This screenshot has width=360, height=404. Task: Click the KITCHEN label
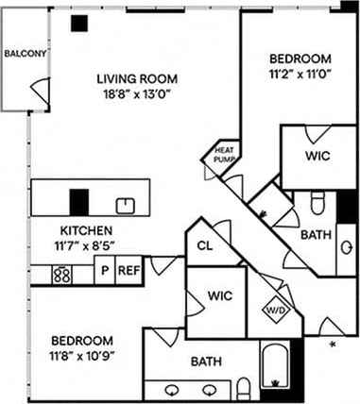pyautogui.click(x=87, y=230)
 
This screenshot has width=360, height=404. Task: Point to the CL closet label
pyautogui.click(x=204, y=246)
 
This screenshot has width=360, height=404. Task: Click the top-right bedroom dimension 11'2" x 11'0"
pyautogui.click(x=300, y=69)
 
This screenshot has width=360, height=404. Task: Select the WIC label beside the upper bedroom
pyautogui.click(x=317, y=156)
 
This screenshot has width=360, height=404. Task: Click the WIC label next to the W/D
pyautogui.click(x=219, y=296)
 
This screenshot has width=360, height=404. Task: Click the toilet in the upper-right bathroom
pyautogui.click(x=318, y=201)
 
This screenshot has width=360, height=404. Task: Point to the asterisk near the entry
pyautogui.click(x=332, y=345)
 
